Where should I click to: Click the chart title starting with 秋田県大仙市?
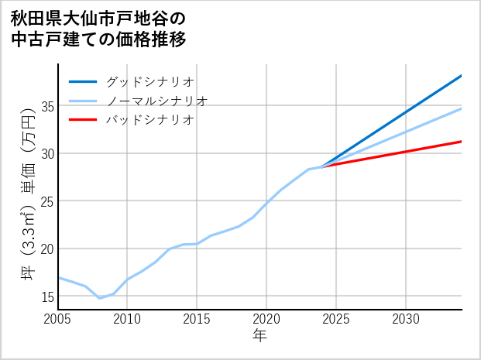pyautogui.click(x=98, y=29)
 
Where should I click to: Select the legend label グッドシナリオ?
pyautogui.click(x=149, y=81)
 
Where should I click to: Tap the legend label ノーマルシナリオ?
pyautogui.click(x=156, y=101)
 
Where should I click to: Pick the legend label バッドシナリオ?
pyautogui.click(x=149, y=120)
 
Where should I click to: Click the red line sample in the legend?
pyautogui.click(x=83, y=120)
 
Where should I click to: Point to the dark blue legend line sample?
pyautogui.click(x=83, y=81)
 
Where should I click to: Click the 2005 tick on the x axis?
pyautogui.click(x=57, y=319)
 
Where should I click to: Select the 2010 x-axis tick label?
pyautogui.click(x=127, y=319)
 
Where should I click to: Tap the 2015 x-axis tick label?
pyautogui.click(x=197, y=319)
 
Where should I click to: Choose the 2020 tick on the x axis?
pyautogui.click(x=266, y=319)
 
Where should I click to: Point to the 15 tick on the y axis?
pyautogui.click(x=46, y=297)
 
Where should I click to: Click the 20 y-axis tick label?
pyautogui.click(x=46, y=249)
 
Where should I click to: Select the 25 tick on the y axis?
pyautogui.click(x=46, y=201)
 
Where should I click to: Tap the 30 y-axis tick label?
pyautogui.click(x=46, y=153)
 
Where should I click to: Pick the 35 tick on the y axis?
pyautogui.click(x=46, y=106)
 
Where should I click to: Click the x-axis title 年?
pyautogui.click(x=259, y=336)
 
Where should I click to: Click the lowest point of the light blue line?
pyautogui.click(x=99, y=298)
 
